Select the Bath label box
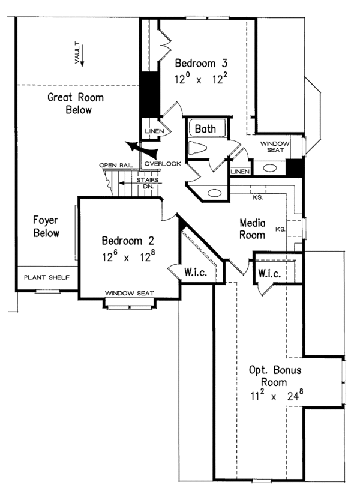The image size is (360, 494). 208,128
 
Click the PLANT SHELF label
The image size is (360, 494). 46,277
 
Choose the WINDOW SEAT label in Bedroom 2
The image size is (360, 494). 130,293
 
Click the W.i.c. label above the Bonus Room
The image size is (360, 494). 269,273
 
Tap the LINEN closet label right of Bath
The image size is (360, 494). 241,172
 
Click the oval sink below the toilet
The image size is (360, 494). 213,193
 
